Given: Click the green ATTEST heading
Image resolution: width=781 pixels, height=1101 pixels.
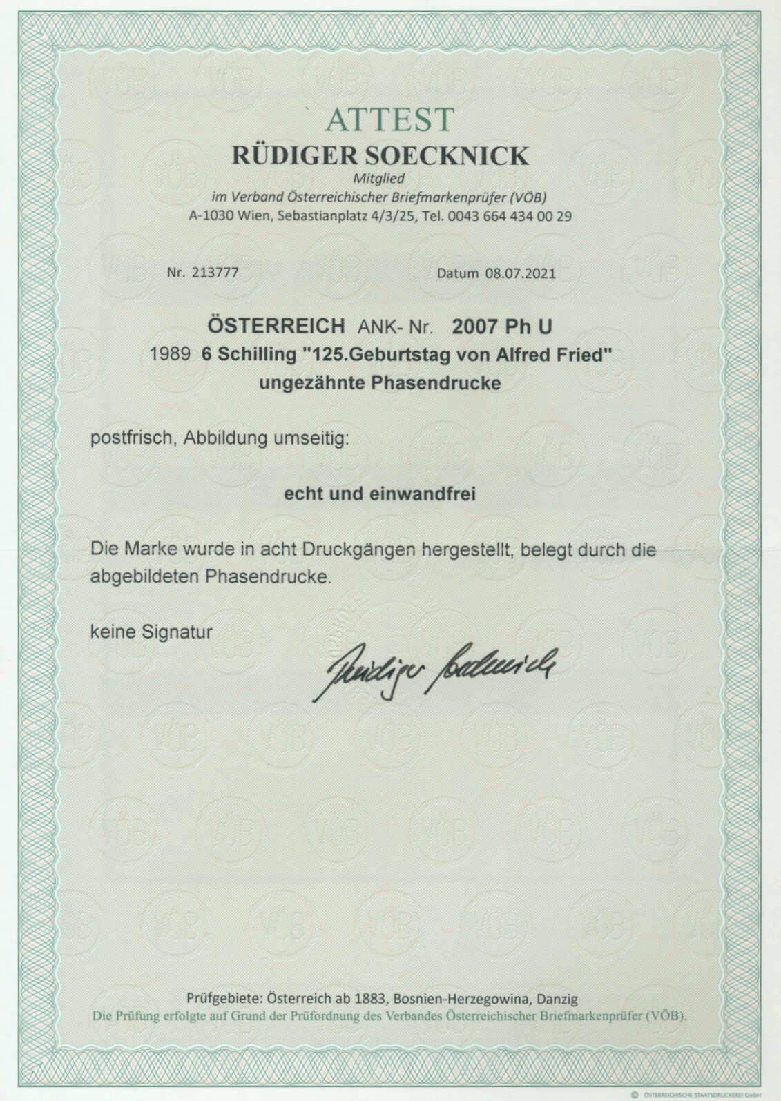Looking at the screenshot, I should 390,119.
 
